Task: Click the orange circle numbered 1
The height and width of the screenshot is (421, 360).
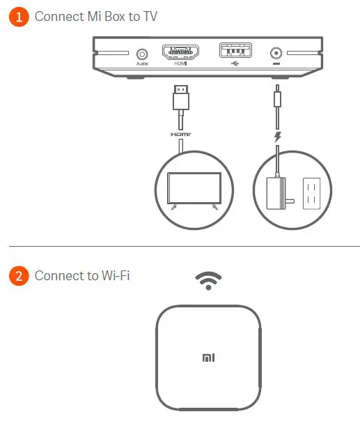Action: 19,17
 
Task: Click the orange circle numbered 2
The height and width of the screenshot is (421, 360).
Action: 19,276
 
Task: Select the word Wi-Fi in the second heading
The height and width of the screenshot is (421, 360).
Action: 114,276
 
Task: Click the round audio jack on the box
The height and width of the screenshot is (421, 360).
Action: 143,53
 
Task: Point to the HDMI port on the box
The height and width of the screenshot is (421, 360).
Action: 180,52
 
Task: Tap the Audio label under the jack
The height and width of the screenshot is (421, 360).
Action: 143,64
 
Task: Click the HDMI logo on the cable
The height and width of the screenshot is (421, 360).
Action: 180,132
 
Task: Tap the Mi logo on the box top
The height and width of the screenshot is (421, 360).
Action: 208,358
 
